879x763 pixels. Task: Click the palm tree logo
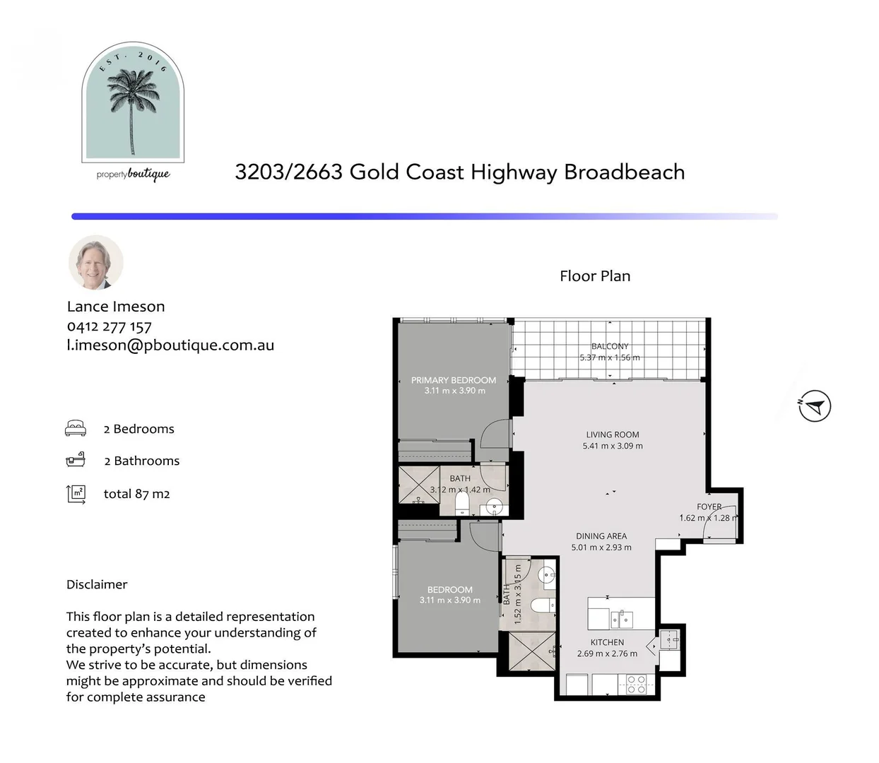point(133,102)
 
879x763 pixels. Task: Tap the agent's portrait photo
point(96,262)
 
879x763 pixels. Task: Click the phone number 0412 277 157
point(109,327)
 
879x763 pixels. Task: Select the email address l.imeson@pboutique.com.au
point(170,345)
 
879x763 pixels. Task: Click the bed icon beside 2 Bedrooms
point(76,428)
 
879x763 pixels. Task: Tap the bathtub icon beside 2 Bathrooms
point(76,460)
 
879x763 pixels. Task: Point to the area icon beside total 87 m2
point(76,495)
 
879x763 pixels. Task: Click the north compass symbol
point(815,406)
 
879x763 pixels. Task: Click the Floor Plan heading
point(595,276)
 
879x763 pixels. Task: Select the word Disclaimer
point(97,584)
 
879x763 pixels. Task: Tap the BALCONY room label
point(610,346)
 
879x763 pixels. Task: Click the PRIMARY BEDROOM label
point(453,380)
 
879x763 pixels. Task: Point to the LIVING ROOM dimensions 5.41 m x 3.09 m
point(613,446)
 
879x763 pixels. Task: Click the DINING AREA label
point(601,536)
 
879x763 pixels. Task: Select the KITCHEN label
point(607,642)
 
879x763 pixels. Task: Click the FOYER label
point(709,507)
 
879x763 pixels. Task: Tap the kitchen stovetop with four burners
point(636,685)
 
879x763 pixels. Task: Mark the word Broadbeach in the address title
point(624,172)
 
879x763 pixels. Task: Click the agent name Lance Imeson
point(116,307)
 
